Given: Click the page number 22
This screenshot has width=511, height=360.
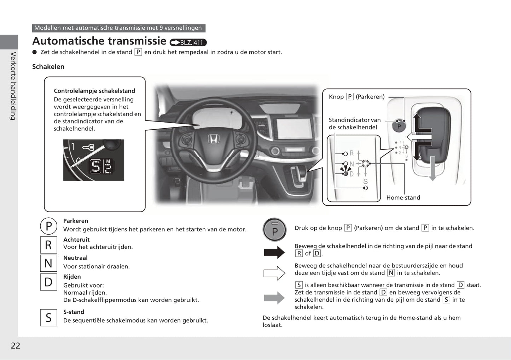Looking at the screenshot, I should [15, 346].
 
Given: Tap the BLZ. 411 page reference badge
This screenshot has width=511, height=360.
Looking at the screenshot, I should [188, 42].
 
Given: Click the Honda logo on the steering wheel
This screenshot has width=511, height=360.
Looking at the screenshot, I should [213, 139].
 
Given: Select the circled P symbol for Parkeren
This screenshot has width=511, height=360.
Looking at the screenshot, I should [49, 226].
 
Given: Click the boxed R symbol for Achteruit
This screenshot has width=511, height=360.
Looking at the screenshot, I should [48, 245].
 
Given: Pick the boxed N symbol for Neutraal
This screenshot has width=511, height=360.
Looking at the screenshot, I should [48, 263].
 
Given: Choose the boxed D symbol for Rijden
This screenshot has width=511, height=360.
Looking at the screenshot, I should [48, 282].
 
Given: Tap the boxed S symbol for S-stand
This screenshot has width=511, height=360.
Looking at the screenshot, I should [48, 318].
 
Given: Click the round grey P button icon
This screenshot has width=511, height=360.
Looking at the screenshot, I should [274, 230].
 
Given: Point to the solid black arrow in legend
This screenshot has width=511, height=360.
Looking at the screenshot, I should [274, 252].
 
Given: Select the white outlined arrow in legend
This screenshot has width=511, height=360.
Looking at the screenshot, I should [274, 273].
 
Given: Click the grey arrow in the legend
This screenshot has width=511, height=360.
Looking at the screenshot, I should [274, 298].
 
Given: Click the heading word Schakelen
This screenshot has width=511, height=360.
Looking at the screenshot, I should [48, 67].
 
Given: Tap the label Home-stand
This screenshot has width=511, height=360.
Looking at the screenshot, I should [403, 197].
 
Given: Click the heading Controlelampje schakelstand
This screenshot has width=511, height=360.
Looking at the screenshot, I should [94, 91].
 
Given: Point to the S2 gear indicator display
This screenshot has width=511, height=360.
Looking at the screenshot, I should [101, 166].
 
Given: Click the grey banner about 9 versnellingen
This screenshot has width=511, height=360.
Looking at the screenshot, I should [118, 28].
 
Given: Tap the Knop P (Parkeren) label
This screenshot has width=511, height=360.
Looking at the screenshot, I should [356, 97].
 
